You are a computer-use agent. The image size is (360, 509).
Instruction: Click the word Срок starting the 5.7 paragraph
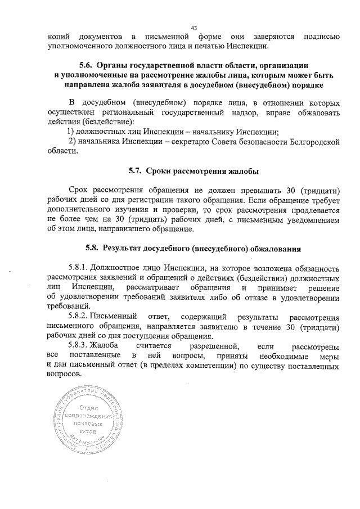click(79, 191)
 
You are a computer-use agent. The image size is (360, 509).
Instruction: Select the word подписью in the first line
click(321, 37)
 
